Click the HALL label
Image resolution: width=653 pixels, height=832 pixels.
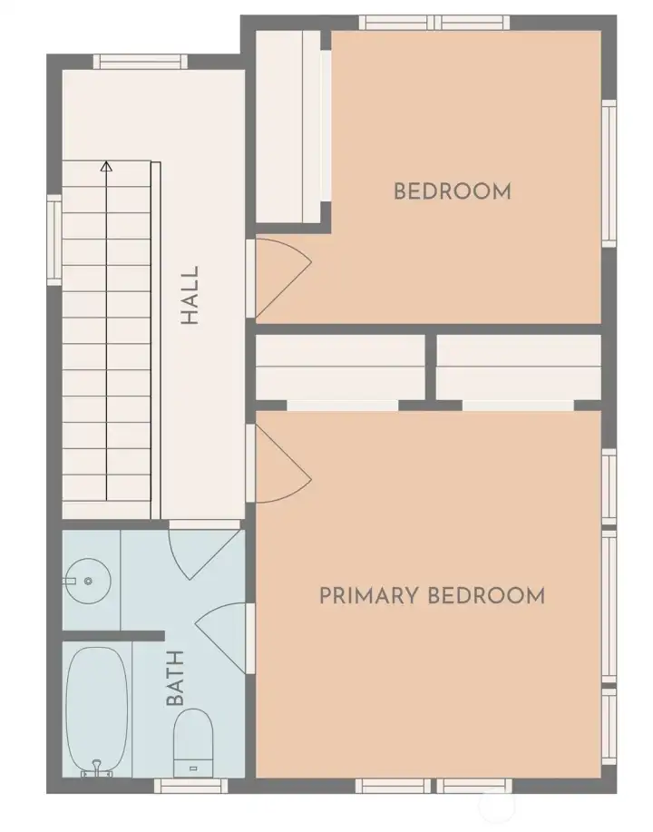[190, 296]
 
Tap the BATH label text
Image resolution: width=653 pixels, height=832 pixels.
[175, 679]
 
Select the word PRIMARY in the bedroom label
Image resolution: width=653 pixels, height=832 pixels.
[369, 596]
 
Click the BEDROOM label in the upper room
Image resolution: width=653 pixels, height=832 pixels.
[453, 191]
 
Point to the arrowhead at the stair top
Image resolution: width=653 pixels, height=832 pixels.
[107, 167]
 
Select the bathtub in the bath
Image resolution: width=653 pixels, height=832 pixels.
[97, 708]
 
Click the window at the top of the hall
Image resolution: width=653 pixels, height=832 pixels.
[141, 63]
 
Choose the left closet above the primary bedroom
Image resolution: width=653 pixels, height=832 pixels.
[340, 367]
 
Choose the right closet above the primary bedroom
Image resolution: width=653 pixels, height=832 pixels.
[519, 367]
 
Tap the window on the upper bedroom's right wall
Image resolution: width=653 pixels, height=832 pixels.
[609, 172]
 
